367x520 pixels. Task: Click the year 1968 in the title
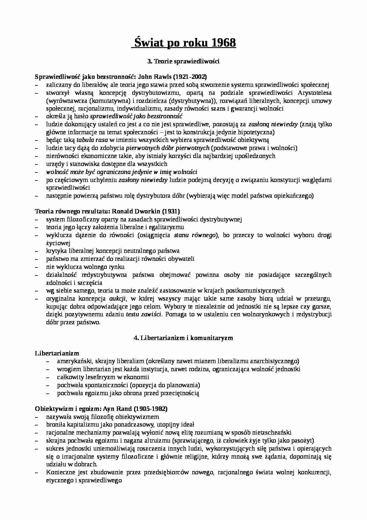[224, 43]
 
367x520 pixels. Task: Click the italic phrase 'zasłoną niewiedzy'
[273, 125]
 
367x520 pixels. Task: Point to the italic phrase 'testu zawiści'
[144, 315]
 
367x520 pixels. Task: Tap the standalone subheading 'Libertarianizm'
[57, 353]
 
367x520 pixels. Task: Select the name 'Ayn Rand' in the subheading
[117, 409]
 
